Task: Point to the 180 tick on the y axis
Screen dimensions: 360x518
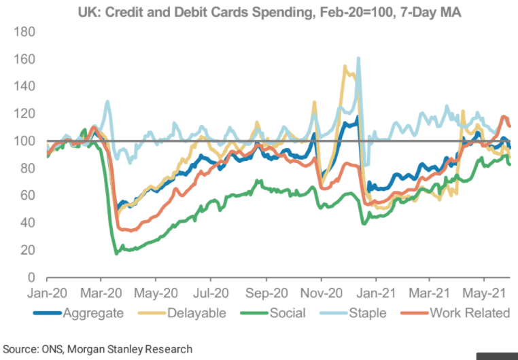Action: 24,32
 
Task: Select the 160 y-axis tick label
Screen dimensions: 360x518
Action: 24,59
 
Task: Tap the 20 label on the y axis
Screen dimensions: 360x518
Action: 29,250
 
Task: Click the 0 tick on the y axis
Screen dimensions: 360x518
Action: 32,277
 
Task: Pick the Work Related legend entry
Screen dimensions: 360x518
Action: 463,312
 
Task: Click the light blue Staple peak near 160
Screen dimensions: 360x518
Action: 358,59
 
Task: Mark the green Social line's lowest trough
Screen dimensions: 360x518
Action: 116,253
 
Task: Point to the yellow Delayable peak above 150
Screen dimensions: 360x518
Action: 345,67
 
